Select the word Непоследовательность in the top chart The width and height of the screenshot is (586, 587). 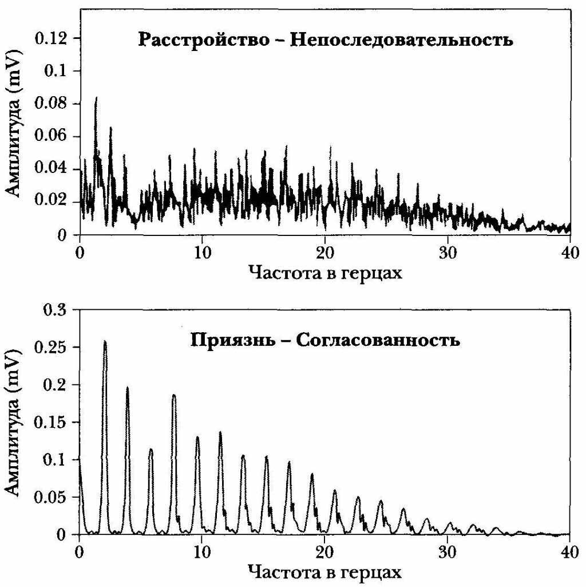pyautogui.click(x=402, y=41)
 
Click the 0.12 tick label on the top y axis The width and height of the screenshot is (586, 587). pyautogui.click(x=50, y=38)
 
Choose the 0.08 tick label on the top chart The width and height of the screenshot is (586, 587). pyautogui.click(x=50, y=104)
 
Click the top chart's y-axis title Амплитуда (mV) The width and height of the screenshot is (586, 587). pyautogui.click(x=15, y=137)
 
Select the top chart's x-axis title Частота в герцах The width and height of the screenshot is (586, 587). pyautogui.click(x=325, y=273)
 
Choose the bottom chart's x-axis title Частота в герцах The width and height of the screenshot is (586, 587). pyautogui.click(x=325, y=572)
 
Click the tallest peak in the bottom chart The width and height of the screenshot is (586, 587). pyautogui.click(x=105, y=342)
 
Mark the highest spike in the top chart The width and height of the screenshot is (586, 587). pyautogui.click(x=96, y=99)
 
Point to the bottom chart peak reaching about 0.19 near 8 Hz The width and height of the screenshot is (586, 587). pyautogui.click(x=174, y=395)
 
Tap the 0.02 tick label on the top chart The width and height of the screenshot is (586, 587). pyautogui.click(x=50, y=202)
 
